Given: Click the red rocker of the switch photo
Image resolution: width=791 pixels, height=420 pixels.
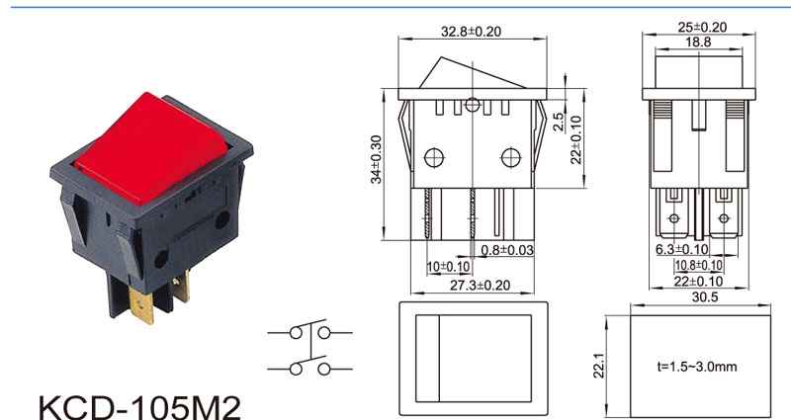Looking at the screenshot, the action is click(x=151, y=146).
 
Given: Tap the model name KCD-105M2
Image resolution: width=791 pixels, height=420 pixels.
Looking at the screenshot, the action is click(x=139, y=407).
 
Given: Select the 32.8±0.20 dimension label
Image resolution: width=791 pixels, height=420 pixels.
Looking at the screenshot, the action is click(x=472, y=32).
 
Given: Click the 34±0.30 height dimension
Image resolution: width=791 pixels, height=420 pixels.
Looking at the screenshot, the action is click(x=377, y=159).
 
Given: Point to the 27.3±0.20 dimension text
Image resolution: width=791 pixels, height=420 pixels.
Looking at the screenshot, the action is click(x=480, y=286).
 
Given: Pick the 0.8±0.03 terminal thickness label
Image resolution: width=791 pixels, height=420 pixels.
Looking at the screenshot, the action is click(x=506, y=250).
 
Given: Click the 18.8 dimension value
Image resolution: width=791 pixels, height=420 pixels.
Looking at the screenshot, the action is click(x=698, y=42).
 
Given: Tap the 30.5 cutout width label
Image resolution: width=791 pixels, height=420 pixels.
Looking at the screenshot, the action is click(x=705, y=297).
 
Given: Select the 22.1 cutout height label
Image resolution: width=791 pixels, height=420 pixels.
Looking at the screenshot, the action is click(x=599, y=365).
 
